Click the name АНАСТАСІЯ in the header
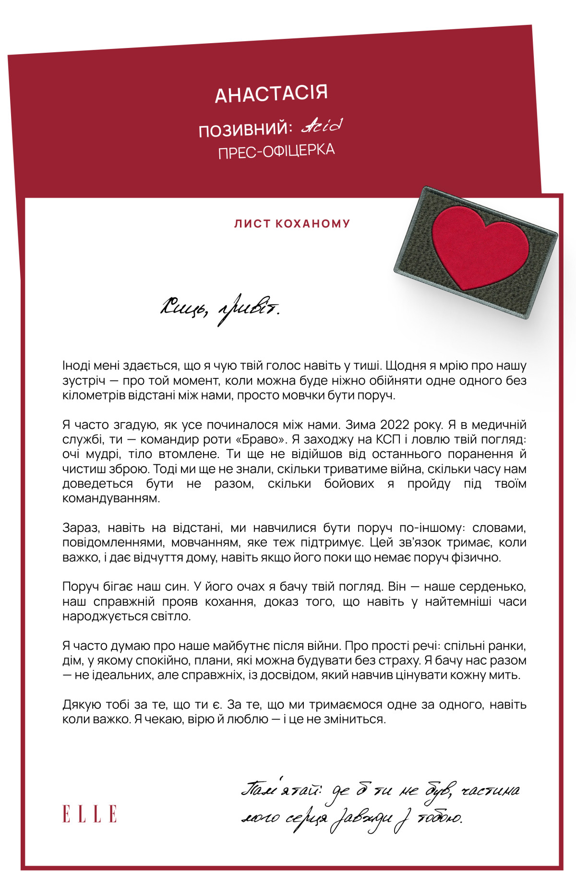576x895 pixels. (271, 93)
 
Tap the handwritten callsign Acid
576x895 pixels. (322, 126)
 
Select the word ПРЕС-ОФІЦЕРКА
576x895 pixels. (276, 151)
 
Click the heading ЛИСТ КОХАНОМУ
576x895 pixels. (292, 224)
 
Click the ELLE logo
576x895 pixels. (90, 814)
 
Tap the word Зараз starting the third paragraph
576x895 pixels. (82, 528)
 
